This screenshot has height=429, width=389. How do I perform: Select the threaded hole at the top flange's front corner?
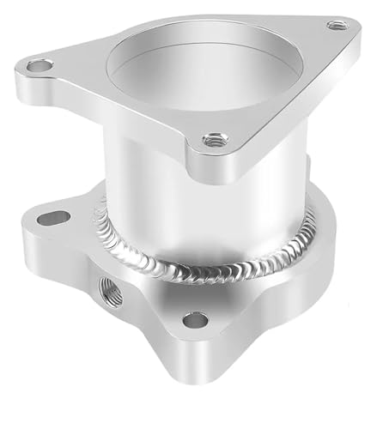[212, 138]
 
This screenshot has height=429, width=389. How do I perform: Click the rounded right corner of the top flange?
[352, 30]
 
